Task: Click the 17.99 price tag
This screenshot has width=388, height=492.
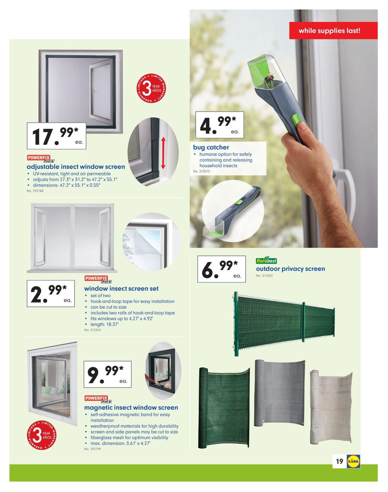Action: pyautogui.click(x=57, y=136)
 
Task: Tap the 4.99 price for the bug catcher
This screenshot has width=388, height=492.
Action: pyautogui.click(x=220, y=125)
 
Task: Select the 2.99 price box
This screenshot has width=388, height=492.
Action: pyautogui.click(x=51, y=293)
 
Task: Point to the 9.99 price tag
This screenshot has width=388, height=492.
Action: pyautogui.click(x=108, y=374)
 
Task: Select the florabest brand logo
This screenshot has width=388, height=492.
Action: pyautogui.click(x=266, y=261)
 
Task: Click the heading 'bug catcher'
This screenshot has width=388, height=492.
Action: pyautogui.click(x=211, y=147)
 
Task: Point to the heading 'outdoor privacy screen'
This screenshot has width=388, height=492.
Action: pyautogui.click(x=290, y=269)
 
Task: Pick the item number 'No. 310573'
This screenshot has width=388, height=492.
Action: pyautogui.click(x=201, y=171)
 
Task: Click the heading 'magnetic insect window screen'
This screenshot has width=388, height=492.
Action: pyautogui.click(x=131, y=408)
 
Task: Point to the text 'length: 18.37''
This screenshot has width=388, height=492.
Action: pyautogui.click(x=104, y=324)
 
